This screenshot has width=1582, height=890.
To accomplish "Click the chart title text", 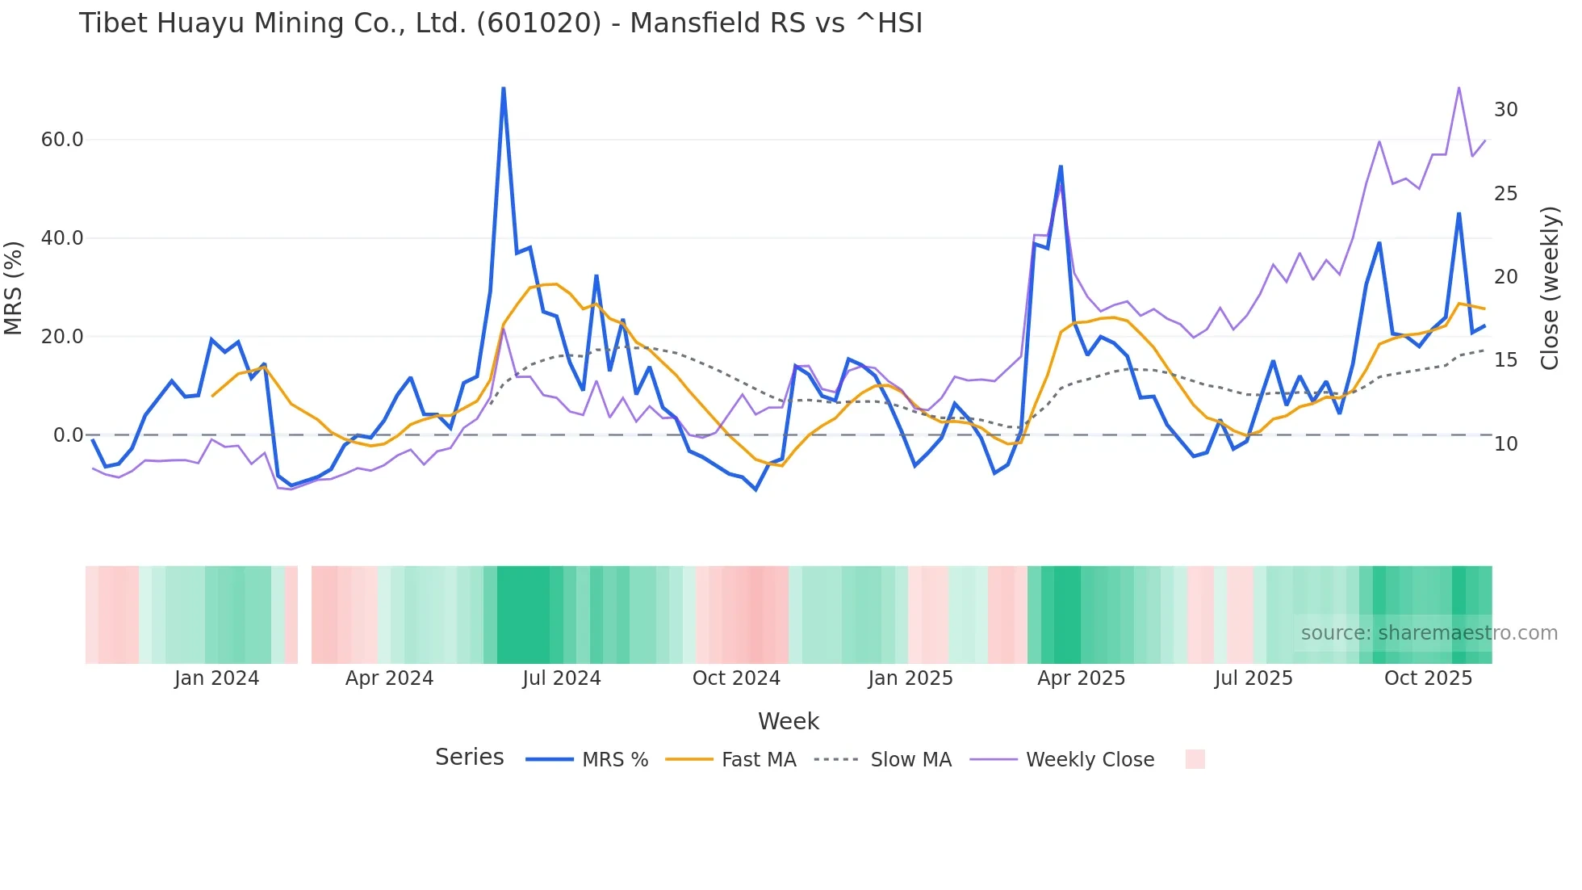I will tap(500, 23).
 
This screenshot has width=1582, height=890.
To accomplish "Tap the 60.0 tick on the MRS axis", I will tap(62, 140).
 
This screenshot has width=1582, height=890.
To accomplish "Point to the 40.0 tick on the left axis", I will tap(62, 238).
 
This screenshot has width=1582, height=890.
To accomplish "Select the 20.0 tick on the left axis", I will tap(62, 337).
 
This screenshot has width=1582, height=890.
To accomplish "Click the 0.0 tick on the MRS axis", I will tap(68, 435).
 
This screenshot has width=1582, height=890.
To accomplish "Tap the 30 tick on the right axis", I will tap(1505, 110).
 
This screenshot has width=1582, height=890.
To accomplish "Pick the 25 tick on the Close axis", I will tap(1505, 194).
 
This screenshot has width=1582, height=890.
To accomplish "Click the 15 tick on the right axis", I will tap(1505, 360).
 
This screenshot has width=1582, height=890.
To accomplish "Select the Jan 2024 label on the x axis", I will tap(216, 678).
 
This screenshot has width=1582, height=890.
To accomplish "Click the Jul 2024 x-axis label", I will tap(562, 678).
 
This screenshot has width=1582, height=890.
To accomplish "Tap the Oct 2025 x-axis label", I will tap(1428, 678).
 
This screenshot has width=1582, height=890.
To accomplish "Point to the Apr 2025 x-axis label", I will tap(1081, 678).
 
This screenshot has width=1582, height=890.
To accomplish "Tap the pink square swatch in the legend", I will tap(1195, 759).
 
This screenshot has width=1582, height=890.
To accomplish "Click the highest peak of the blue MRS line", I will tap(504, 88).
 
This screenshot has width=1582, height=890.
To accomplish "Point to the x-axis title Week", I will tap(789, 721).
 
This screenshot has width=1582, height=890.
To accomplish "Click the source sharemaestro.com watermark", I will tap(1429, 633).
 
